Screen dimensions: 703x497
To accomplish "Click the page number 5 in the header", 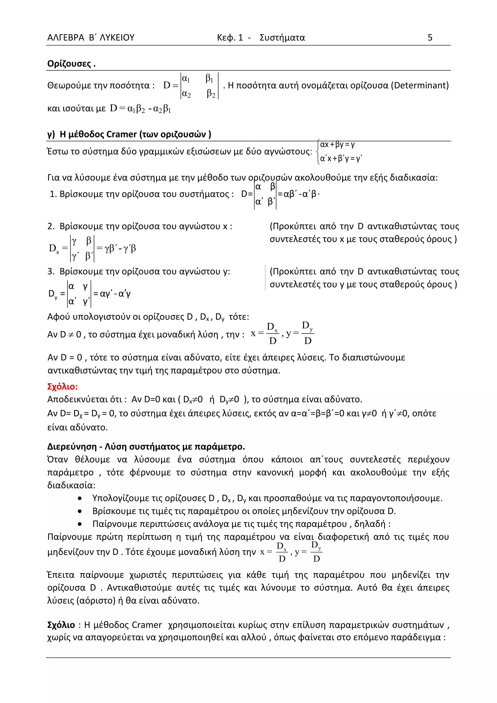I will (x=430, y=37).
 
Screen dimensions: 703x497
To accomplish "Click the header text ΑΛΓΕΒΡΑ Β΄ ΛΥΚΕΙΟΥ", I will (x=91, y=37).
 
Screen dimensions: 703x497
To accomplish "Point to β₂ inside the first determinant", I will (x=211, y=94).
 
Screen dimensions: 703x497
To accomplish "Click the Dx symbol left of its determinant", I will (x=54, y=248).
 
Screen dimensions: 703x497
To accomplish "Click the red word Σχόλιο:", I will (x=62, y=386).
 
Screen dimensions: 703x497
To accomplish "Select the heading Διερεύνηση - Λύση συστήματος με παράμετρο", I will (x=146, y=447).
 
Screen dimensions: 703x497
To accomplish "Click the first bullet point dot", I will (x=80, y=498).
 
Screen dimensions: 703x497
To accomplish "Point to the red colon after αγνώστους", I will (x=311, y=152).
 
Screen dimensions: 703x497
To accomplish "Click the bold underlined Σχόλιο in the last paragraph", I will (x=61, y=625).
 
